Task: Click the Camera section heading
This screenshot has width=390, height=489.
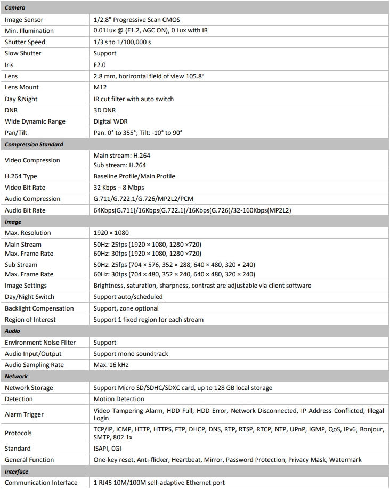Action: pyautogui.click(x=15, y=8)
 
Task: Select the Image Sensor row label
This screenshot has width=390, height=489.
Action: pyautogui.click(x=25, y=20)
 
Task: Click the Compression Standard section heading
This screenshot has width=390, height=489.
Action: pyautogui.click(x=34, y=144)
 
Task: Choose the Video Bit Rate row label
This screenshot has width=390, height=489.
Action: pyautogui.click(x=25, y=188)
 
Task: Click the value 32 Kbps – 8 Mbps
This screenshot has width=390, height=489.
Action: pyautogui.click(x=118, y=188)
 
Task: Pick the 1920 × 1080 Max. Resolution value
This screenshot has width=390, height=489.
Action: pyautogui.click(x=111, y=233)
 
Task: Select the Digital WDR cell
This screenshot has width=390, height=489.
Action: pyautogui.click(x=110, y=121)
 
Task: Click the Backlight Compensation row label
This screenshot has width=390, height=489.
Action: pyautogui.click(x=39, y=308)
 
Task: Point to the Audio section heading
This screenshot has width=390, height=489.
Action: pyautogui.click(x=13, y=331)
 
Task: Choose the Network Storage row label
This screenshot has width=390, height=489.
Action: pyautogui.click(x=29, y=388)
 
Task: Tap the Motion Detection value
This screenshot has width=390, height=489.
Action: pyautogui.click(x=119, y=399)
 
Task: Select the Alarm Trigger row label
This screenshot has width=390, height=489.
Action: pyautogui.click(x=24, y=414)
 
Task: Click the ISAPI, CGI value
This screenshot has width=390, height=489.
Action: pyautogui.click(x=107, y=449)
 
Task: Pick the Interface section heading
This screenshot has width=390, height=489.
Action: pyautogui.click(x=17, y=471)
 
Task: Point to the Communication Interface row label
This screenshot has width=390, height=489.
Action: pyautogui.click(x=41, y=483)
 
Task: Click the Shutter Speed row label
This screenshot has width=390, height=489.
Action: pyautogui.click(x=25, y=42)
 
